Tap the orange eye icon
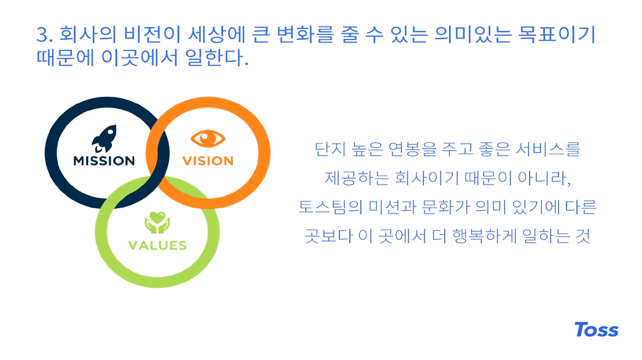coord(208,139)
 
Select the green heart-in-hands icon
coord(157,223)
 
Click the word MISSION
coord(104,161)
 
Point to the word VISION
coord(208,161)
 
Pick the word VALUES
coord(157,245)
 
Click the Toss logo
coord(596,329)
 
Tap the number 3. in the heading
coord(45,35)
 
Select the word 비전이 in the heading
coord(152,35)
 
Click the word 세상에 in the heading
coord(216,35)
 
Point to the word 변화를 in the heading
coord(306,35)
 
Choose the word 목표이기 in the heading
coord(557,35)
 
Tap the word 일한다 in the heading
coord(214,58)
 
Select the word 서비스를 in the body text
coord(548,149)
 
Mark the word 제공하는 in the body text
coord(357,178)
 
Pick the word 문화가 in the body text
coord(446,207)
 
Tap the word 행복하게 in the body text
coord(484,236)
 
